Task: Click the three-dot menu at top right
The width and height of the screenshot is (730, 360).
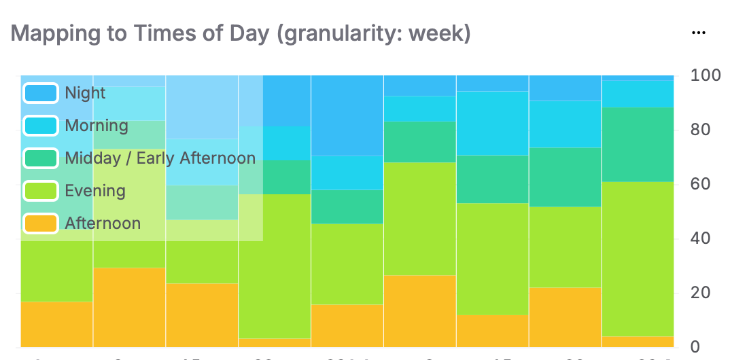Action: (x=697, y=32)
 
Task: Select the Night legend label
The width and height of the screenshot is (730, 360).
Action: (x=85, y=93)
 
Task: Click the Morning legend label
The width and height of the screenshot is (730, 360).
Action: (x=97, y=126)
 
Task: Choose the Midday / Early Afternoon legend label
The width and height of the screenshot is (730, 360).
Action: (x=160, y=158)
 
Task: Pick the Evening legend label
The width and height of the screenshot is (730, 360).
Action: (x=94, y=191)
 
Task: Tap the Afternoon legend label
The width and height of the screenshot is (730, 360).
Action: (x=103, y=223)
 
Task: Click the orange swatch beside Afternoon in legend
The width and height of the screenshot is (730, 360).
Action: (x=41, y=223)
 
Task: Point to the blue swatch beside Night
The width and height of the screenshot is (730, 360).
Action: (x=41, y=93)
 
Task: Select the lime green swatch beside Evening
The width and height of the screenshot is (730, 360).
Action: (x=41, y=191)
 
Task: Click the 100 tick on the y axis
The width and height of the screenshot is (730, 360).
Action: (x=704, y=75)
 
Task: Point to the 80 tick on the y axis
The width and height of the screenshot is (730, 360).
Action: (x=700, y=130)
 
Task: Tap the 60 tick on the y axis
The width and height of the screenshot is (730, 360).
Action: (x=700, y=184)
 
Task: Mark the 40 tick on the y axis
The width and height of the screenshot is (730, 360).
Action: (x=700, y=238)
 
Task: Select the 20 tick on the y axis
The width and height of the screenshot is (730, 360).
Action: (x=700, y=293)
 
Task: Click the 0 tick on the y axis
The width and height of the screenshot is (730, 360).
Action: (x=695, y=347)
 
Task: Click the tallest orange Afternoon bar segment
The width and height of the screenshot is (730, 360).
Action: (x=129, y=307)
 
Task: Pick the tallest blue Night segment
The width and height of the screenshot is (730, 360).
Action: (x=347, y=115)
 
